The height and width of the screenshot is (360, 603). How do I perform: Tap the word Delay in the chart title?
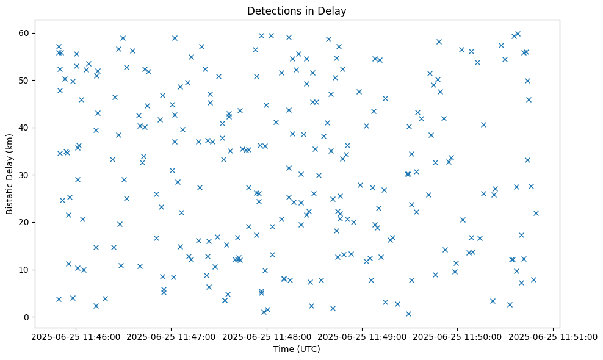point(333,11)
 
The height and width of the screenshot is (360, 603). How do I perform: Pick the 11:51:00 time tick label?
point(554,336)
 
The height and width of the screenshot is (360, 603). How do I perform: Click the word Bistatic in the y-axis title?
point(10,195)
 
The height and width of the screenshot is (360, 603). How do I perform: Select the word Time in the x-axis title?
point(283,350)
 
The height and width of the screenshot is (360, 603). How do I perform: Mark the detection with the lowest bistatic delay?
point(408,314)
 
